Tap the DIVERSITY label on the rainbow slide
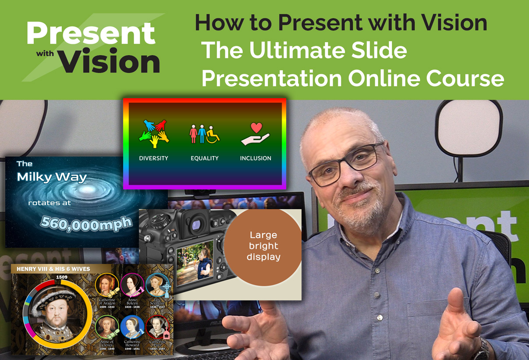pyautogui.click(x=153, y=158)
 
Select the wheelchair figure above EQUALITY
pyautogui.click(x=213, y=135)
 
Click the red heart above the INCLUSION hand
pyautogui.click(x=256, y=128)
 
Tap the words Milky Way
pyautogui.click(x=52, y=177)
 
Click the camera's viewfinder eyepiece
pyautogui.click(x=196, y=224)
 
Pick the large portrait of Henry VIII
pyautogui.click(x=57, y=311)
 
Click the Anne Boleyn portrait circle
pyautogui.click(x=132, y=285)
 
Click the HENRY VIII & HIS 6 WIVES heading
pyautogui.click(x=53, y=269)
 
